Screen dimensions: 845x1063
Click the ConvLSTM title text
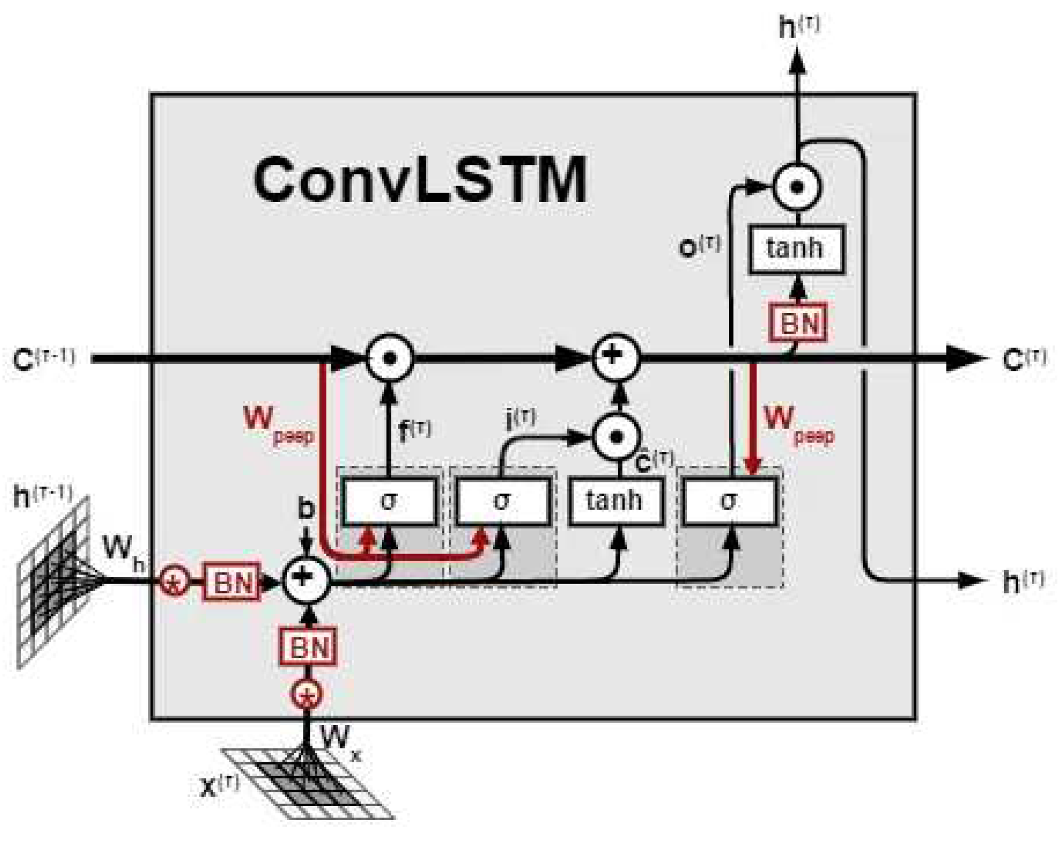click(420, 179)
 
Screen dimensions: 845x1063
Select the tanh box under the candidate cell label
click(616, 501)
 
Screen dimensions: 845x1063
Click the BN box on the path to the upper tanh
click(798, 323)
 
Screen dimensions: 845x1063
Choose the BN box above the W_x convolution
click(308, 646)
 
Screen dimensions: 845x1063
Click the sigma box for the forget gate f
click(389, 501)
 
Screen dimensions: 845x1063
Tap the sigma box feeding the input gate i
click(502, 501)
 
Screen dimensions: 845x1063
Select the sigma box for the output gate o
click(729, 501)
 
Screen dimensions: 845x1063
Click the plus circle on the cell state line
click(615, 357)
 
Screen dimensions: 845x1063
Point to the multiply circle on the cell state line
click(389, 358)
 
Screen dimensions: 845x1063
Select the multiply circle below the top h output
click(797, 187)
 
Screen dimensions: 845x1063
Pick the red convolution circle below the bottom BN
click(307, 694)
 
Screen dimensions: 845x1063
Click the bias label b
click(306, 508)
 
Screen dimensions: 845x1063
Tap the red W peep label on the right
click(798, 423)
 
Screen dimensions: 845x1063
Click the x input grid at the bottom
click(308, 783)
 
